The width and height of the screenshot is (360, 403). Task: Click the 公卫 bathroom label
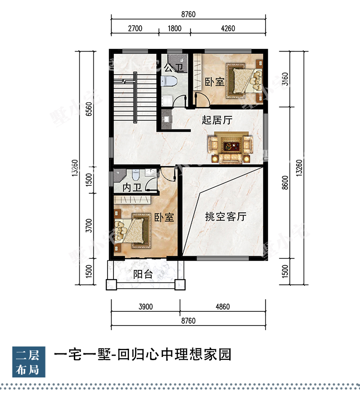[174, 68]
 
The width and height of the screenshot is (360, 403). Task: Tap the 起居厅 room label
[217, 120]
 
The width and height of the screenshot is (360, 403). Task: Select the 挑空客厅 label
[226, 217]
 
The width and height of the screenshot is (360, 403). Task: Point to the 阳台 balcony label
[143, 274]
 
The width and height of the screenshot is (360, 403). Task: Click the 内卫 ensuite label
[132, 188]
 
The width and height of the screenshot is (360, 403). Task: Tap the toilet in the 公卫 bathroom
[169, 82]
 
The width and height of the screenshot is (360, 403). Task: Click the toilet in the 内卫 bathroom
[135, 175]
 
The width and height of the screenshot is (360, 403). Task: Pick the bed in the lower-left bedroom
[132, 231]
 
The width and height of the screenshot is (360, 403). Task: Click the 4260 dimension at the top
[228, 28]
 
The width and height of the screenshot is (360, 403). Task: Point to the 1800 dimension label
[175, 28]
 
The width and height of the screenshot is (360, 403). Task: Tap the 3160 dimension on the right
[285, 79]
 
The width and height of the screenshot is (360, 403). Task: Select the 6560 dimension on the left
[89, 109]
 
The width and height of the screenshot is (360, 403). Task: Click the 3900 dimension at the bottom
[146, 307]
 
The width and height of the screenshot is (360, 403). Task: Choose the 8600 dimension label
[285, 183]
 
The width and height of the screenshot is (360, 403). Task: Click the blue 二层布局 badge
[29, 362]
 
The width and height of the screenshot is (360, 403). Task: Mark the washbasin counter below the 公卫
[166, 119]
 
